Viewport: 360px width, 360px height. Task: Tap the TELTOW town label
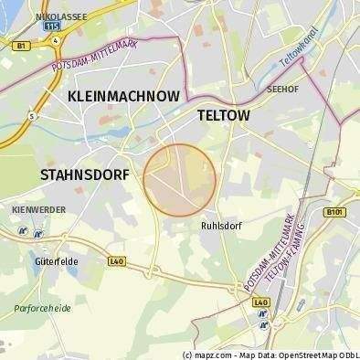click(x=224, y=116)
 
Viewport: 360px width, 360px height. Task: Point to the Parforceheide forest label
click(x=42, y=308)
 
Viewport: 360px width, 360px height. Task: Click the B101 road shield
click(x=335, y=212)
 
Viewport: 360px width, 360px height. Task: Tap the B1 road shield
click(x=21, y=43)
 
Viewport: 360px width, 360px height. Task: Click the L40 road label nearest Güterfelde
click(x=116, y=260)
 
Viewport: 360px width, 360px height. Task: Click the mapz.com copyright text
click(x=209, y=355)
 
